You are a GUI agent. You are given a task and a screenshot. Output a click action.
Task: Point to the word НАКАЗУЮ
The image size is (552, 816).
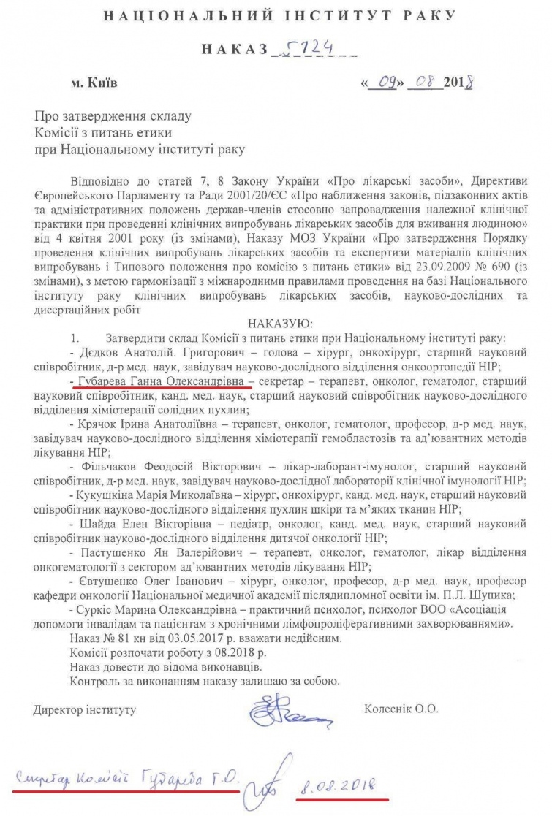(280, 322)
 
